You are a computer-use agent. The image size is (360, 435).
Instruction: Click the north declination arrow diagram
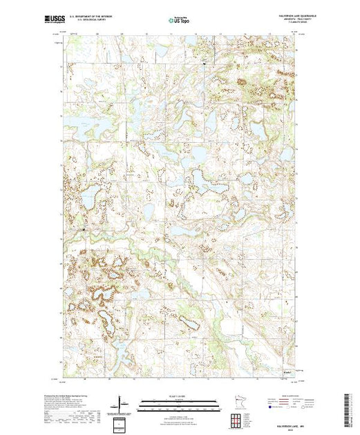(x=122, y=403)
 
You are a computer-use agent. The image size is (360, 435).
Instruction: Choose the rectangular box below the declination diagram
(x=122, y=422)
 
